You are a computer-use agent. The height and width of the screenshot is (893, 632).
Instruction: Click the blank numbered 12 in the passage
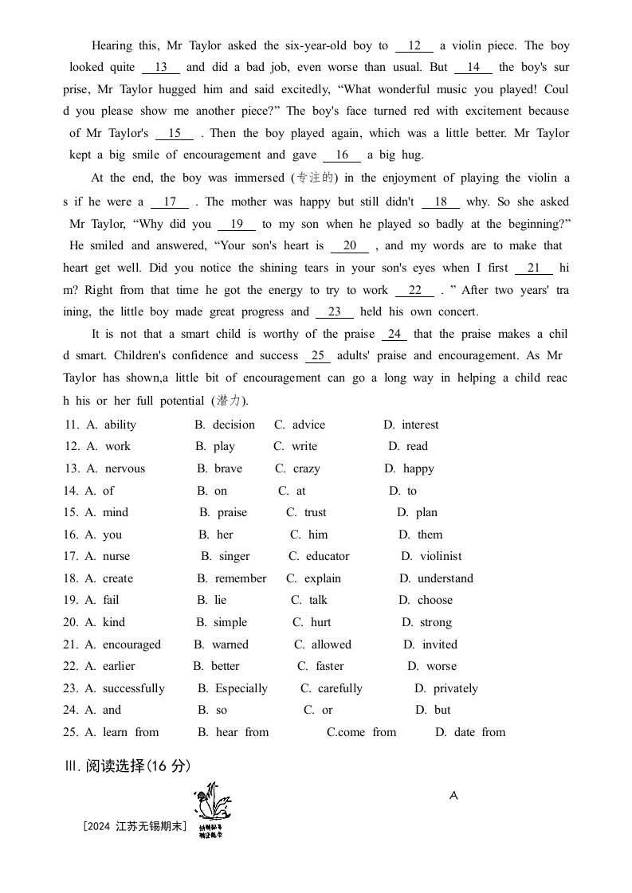pyautogui.click(x=414, y=46)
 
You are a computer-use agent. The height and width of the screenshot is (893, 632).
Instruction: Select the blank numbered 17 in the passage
pyautogui.click(x=169, y=202)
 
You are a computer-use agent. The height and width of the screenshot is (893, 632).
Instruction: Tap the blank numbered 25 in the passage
pyautogui.click(x=317, y=356)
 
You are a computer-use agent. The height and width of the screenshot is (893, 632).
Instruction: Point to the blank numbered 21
pyautogui.click(x=533, y=268)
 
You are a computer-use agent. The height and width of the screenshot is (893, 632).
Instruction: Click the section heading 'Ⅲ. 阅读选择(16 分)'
pyautogui.click(x=128, y=766)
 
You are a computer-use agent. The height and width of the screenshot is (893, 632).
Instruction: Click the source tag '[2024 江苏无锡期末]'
pyautogui.click(x=134, y=827)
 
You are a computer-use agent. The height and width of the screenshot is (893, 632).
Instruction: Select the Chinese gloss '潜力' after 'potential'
pyautogui.click(x=228, y=401)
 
